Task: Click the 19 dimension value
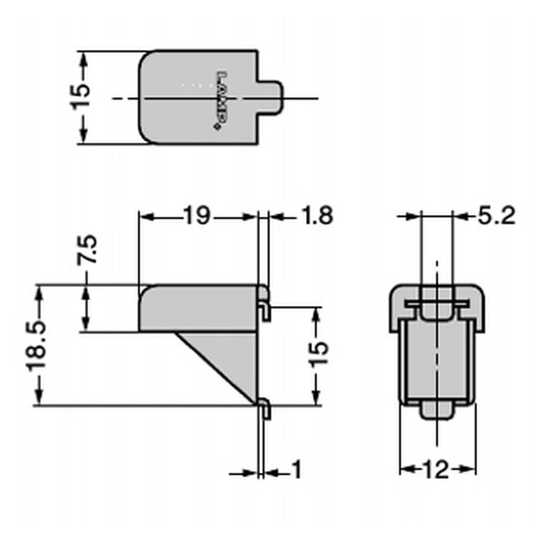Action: [x=197, y=216]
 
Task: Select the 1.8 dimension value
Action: [x=316, y=216]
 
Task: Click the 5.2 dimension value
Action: [x=496, y=216]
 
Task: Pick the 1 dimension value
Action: [x=296, y=470]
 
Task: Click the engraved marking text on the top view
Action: [x=219, y=101]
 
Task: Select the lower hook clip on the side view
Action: [x=265, y=408]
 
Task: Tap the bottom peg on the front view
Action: [x=437, y=409]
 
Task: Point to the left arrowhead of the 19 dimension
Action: [x=144, y=217]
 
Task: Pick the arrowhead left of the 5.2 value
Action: [x=412, y=216]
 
